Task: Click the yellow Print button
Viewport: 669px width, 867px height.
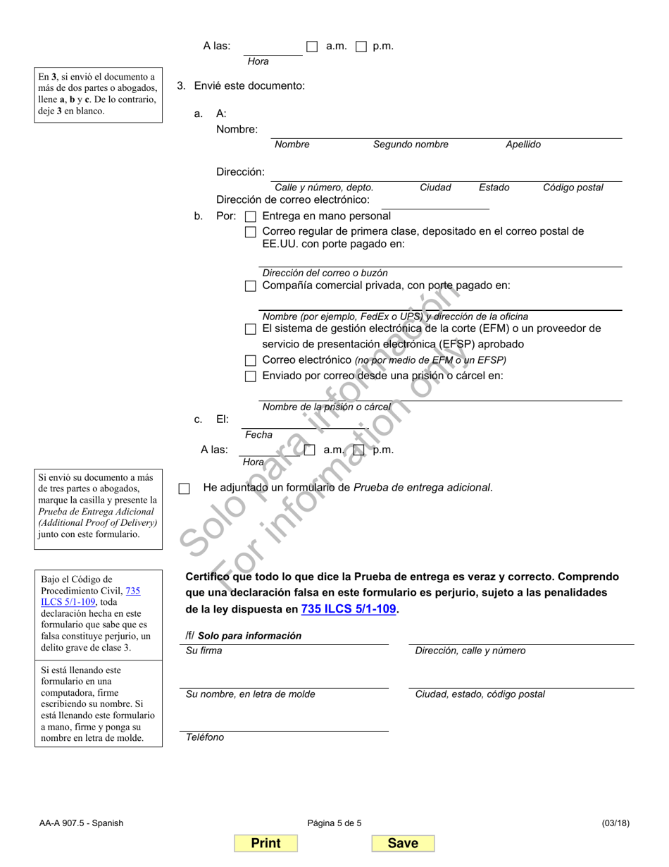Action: pyautogui.click(x=265, y=843)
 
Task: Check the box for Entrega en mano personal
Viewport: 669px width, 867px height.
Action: pyautogui.click(x=250, y=217)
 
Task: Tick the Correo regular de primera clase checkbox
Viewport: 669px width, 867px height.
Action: pyautogui.click(x=250, y=232)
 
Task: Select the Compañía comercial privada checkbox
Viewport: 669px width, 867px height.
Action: pyautogui.click(x=250, y=286)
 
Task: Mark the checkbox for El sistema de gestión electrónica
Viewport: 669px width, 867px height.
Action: pyautogui.click(x=250, y=329)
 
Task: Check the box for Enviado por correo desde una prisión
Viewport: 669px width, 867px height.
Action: pyautogui.click(x=250, y=376)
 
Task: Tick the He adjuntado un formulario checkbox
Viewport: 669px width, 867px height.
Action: pyautogui.click(x=185, y=488)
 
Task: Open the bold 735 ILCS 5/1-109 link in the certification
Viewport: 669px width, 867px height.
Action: pyautogui.click(x=349, y=609)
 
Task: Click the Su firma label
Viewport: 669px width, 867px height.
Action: pyautogui.click(x=204, y=651)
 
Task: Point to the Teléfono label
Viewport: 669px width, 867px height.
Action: pyautogui.click(x=205, y=737)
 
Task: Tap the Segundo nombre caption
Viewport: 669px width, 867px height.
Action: pyautogui.click(x=411, y=144)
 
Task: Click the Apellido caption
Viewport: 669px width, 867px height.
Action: pyautogui.click(x=523, y=144)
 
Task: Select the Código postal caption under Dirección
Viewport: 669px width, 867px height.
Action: pyautogui.click(x=573, y=187)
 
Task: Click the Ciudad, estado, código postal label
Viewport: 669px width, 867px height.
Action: pyautogui.click(x=480, y=694)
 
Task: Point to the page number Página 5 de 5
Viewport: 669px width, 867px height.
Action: pyautogui.click(x=334, y=823)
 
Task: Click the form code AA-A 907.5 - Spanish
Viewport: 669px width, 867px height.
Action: pyautogui.click(x=82, y=823)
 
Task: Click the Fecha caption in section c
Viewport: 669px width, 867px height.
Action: pyautogui.click(x=258, y=435)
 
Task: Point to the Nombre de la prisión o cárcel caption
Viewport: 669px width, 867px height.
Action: pyautogui.click(x=326, y=407)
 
